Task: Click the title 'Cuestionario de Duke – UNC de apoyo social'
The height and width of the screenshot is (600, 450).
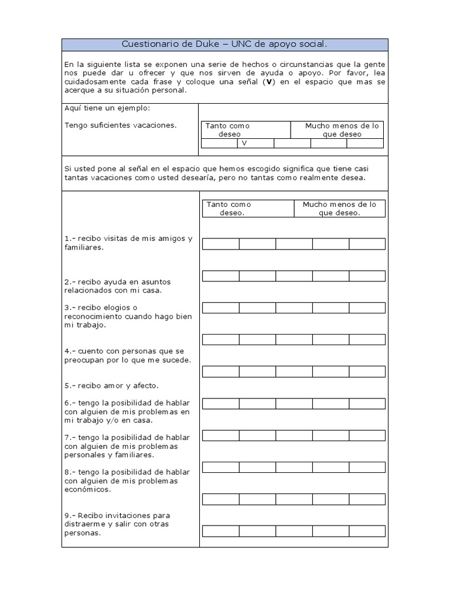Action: [224, 45]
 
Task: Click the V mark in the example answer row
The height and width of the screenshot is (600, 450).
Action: [244, 143]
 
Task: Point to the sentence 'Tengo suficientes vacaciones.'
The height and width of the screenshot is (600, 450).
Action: [120, 125]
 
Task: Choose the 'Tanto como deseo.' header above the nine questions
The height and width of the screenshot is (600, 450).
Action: [228, 209]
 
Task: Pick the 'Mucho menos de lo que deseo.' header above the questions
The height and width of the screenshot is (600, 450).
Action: [339, 209]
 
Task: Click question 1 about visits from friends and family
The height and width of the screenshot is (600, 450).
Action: [128, 243]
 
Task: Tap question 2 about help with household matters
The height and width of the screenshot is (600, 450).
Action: [117, 286]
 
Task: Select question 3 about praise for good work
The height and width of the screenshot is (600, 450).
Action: [128, 316]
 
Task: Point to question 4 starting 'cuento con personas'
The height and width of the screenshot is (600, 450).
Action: [128, 355]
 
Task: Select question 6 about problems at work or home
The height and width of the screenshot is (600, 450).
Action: [127, 411]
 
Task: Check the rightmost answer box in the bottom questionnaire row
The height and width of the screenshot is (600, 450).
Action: [367, 531]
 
